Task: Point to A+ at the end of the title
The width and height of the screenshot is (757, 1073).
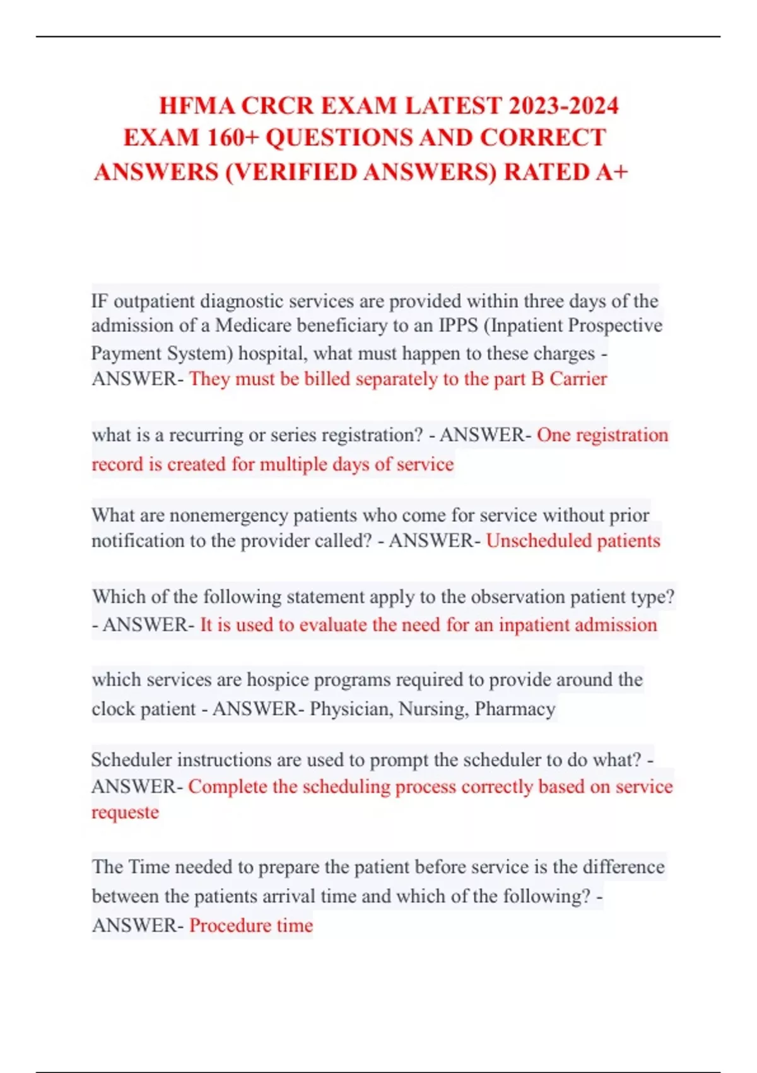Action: click(x=611, y=172)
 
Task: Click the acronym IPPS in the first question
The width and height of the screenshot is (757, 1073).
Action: click(x=459, y=326)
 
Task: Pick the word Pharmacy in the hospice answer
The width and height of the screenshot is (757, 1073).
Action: click(x=515, y=709)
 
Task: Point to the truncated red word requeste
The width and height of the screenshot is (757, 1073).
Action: click(x=125, y=812)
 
